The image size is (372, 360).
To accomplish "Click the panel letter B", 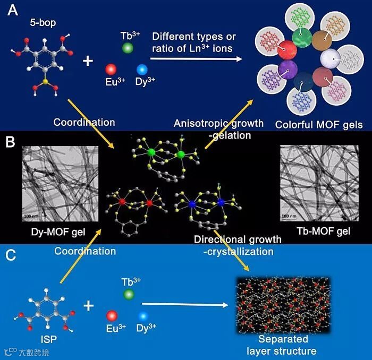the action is pos(10,142).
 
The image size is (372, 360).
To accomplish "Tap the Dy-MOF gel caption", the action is pos(52,231).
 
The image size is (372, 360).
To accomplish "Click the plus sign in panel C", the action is pos(88,305).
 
